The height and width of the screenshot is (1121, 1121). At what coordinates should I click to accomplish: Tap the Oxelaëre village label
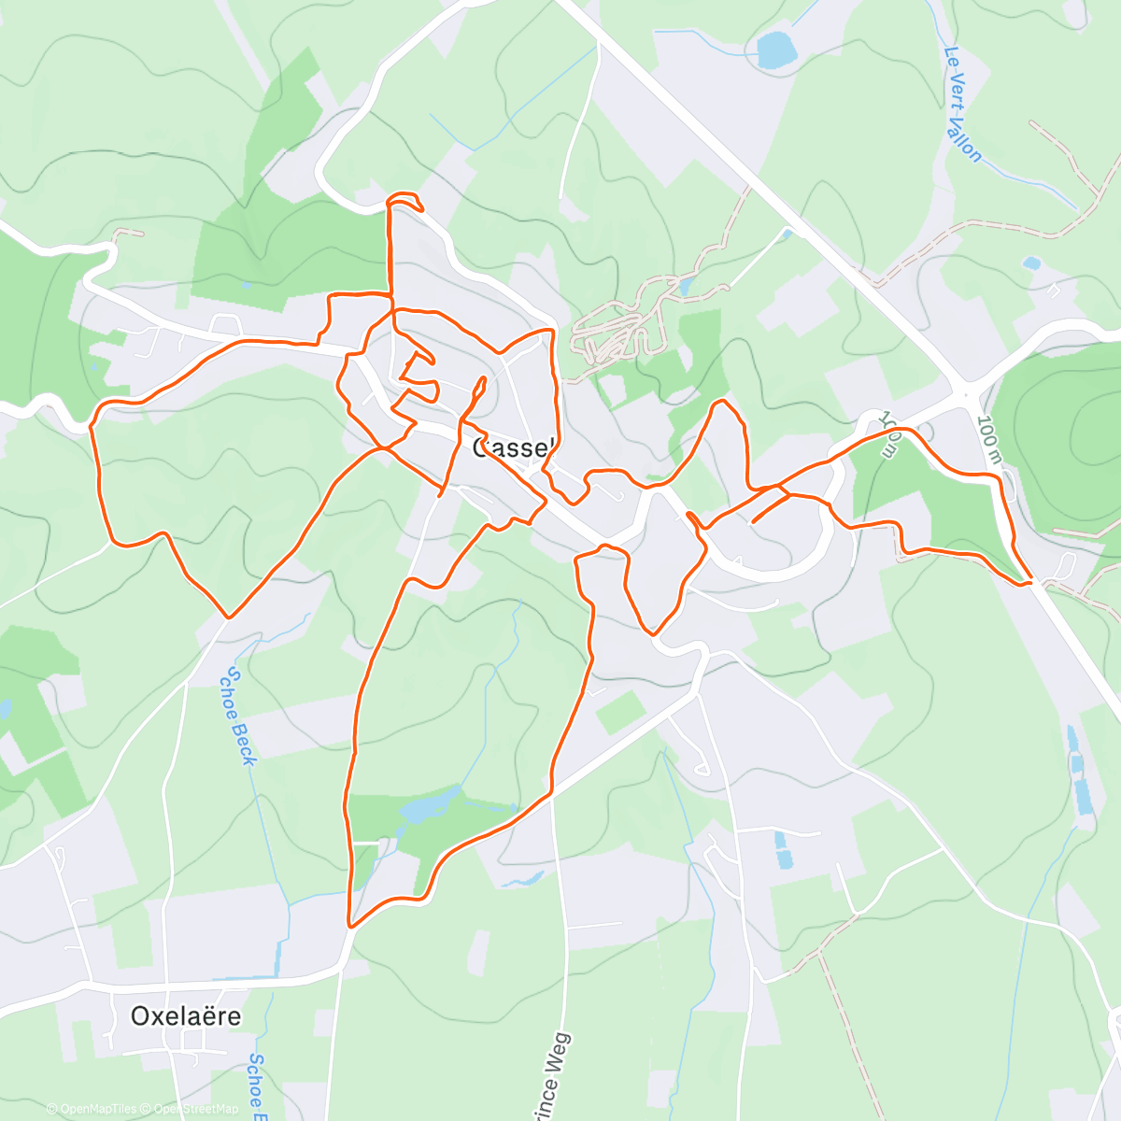click(186, 1015)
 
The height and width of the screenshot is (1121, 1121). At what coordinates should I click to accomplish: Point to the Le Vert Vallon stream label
click(963, 105)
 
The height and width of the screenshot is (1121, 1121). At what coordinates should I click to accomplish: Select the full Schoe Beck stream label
click(236, 717)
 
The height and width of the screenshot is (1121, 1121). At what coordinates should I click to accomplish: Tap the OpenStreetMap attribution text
click(195, 1109)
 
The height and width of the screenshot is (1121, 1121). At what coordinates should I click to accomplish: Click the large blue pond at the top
click(774, 50)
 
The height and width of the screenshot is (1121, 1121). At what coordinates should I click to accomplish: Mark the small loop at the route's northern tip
click(405, 201)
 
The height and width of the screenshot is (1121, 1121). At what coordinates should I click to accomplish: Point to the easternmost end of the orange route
click(1030, 583)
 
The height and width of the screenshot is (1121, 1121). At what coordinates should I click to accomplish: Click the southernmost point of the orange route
click(350, 926)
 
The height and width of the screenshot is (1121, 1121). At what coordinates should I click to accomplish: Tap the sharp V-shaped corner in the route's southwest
click(229, 617)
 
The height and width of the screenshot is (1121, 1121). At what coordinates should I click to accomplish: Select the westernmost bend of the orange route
click(92, 425)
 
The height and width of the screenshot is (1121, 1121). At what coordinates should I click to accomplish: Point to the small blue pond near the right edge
click(1032, 263)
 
